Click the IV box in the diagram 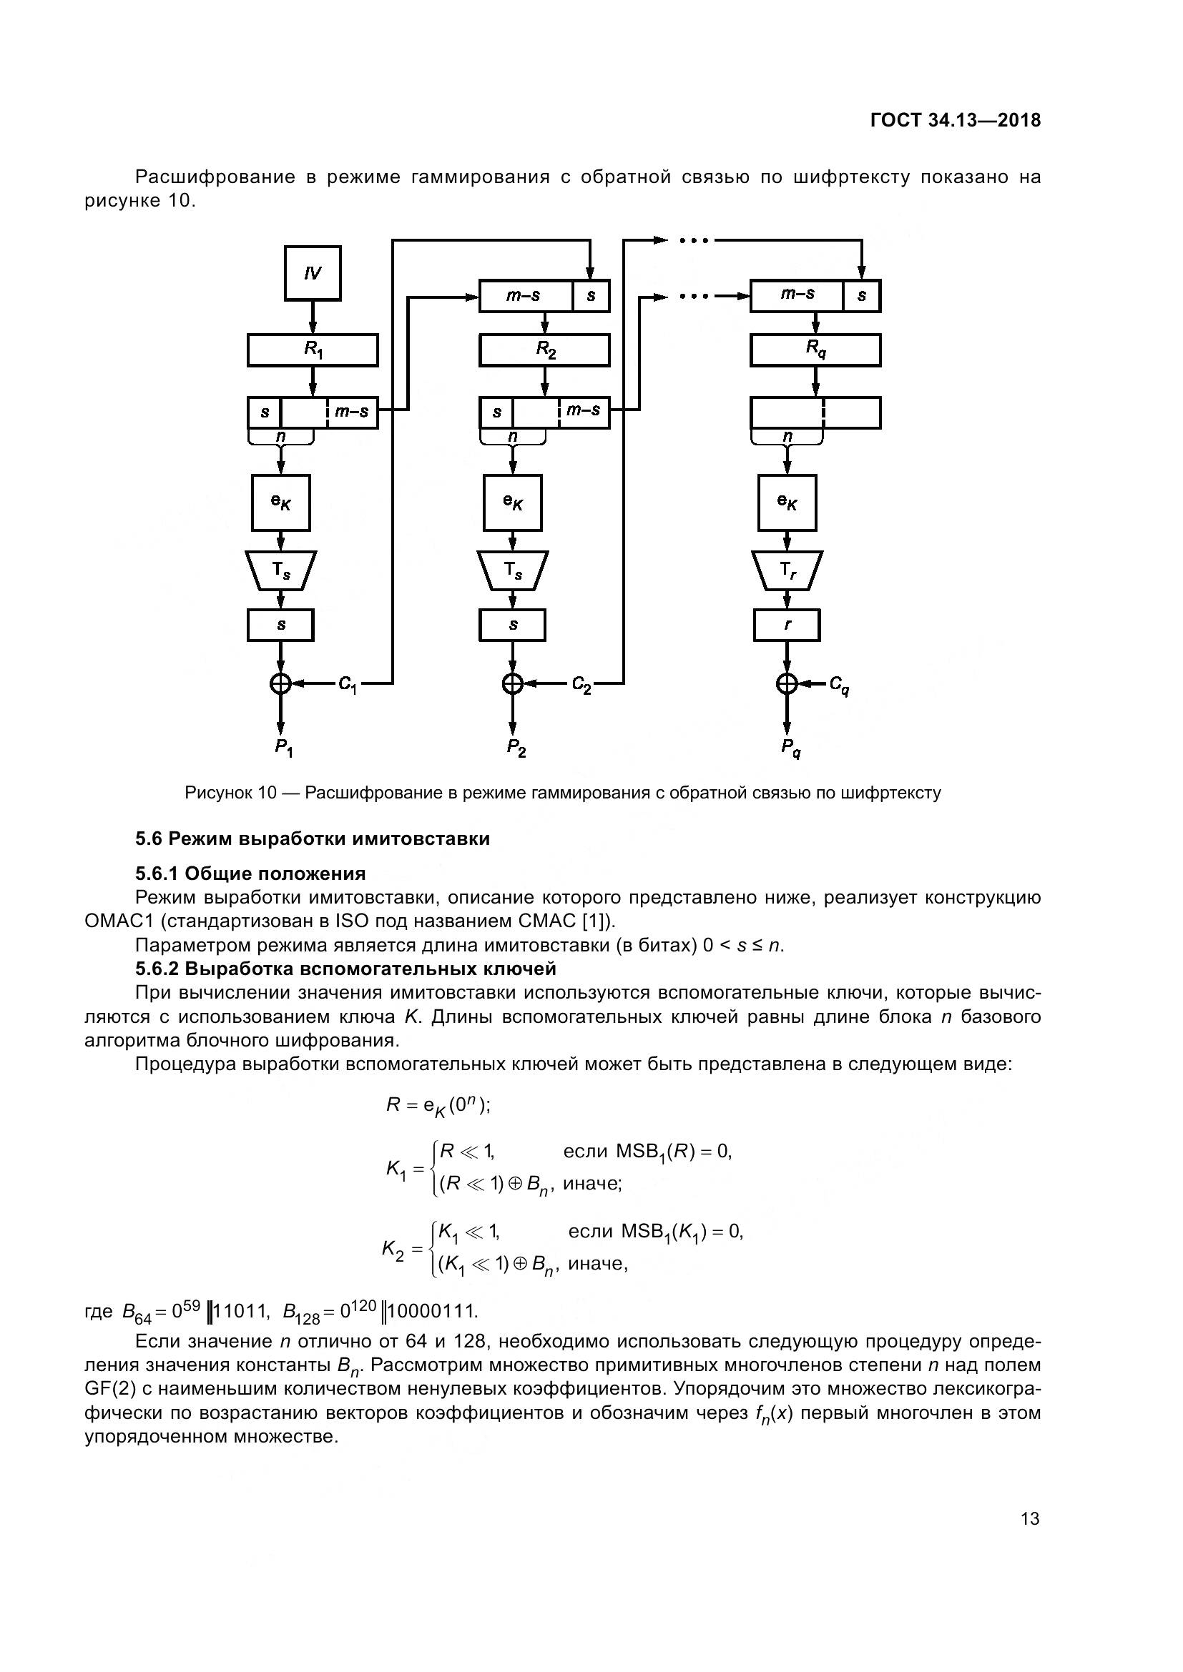[313, 273]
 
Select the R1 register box [313, 350]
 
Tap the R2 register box [544, 350]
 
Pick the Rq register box [815, 350]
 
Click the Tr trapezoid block [787, 570]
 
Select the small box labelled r [787, 625]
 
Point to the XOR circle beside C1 [281, 683]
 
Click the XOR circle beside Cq [787, 683]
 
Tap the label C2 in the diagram [581, 685]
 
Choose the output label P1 [283, 747]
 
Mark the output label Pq [790, 747]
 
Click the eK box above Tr [787, 503]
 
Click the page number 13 [1030, 1518]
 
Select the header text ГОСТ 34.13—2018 [956, 121]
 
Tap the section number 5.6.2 [157, 969]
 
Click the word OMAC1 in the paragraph [118, 921]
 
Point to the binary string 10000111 [433, 1311]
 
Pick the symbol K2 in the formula [393, 1250]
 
